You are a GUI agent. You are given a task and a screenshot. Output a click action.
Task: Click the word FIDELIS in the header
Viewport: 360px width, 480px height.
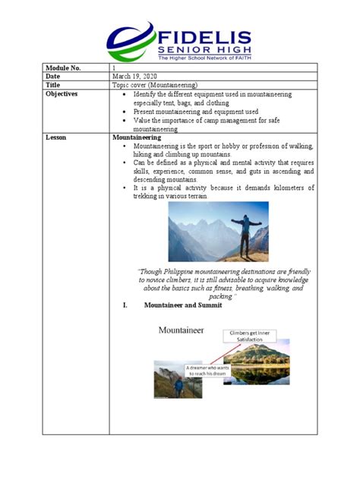[204, 33]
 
